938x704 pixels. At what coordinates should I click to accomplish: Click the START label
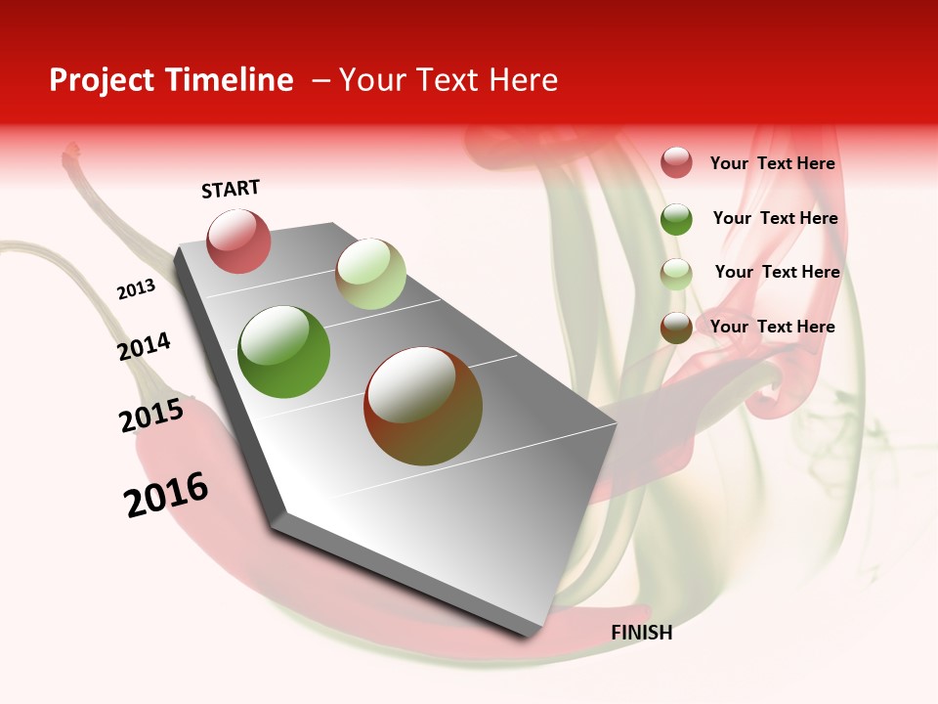tap(231, 189)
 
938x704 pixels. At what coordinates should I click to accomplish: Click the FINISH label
tap(641, 633)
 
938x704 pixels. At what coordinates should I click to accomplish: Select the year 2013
tap(136, 289)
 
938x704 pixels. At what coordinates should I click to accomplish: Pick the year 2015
tap(151, 416)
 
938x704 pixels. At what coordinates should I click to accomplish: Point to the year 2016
tap(166, 495)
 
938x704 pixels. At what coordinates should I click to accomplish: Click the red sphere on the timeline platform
tap(238, 241)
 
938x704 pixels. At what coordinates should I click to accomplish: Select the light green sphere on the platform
tap(370, 274)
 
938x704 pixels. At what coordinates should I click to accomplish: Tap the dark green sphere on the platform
tap(283, 352)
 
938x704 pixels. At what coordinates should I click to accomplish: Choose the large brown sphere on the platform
tap(423, 406)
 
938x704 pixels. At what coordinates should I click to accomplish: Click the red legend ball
tap(676, 162)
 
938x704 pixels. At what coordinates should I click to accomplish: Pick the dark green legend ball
tap(676, 218)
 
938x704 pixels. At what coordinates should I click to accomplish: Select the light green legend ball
tap(676, 273)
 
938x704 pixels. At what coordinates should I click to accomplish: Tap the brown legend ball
tap(676, 328)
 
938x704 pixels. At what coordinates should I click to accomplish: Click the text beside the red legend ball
tap(772, 163)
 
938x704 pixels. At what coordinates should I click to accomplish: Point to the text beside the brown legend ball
tap(772, 327)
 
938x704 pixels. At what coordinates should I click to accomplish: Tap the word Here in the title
tap(523, 80)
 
